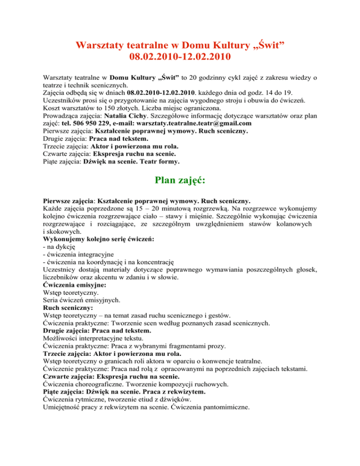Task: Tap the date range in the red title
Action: [x=180, y=59]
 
